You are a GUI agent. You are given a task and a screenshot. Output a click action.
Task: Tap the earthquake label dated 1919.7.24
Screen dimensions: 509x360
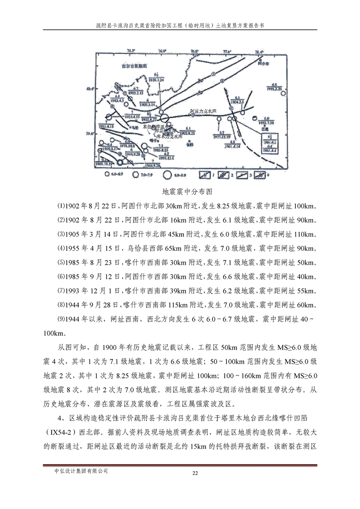pyautogui.click(x=157, y=77)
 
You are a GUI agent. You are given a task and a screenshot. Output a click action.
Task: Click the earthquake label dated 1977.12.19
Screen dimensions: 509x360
pyautogui.click(x=222, y=134)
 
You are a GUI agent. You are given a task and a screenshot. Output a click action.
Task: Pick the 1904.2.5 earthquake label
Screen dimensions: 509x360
pyautogui.click(x=237, y=100)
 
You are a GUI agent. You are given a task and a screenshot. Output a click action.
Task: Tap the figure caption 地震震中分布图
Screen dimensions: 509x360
pyautogui.click(x=180, y=192)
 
